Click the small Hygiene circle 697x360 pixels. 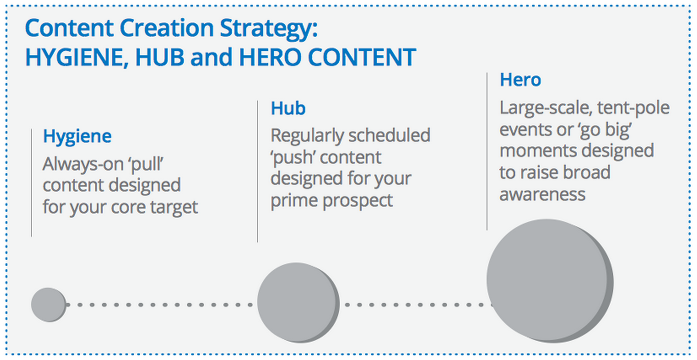tap(48, 304)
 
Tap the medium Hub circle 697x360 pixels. tap(298, 303)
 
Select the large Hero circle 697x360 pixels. tap(550, 281)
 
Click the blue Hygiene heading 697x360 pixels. tap(77, 137)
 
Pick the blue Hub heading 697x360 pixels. tap(288, 108)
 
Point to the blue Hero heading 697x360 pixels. tap(520, 80)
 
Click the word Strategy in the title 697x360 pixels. tap(269, 29)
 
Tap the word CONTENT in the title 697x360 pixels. tap(362, 57)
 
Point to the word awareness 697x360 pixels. tap(542, 195)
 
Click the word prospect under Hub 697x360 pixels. tap(358, 201)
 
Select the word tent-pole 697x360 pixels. tap(633, 109)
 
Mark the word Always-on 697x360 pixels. tap(83, 164)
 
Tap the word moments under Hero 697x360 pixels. tap(538, 151)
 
